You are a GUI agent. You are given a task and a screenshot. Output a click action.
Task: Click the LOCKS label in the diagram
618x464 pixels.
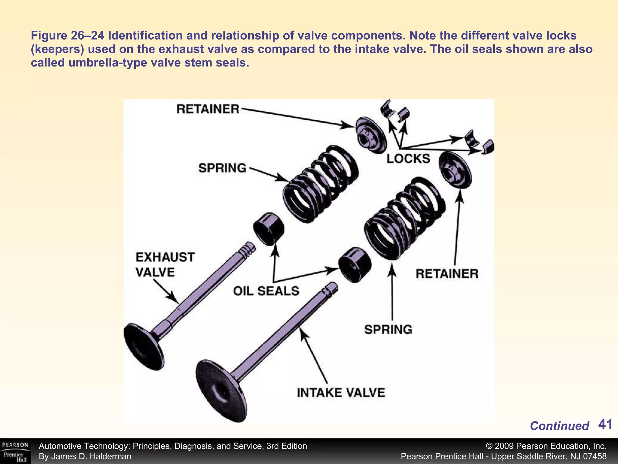click(x=408, y=159)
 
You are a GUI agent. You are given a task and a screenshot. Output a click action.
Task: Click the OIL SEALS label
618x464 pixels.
click(x=266, y=291)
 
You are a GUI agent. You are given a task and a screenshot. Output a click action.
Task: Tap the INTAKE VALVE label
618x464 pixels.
click(x=341, y=393)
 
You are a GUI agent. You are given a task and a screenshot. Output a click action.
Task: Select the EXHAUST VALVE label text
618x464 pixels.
click(x=165, y=265)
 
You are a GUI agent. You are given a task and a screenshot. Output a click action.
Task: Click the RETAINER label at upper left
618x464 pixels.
click(x=208, y=109)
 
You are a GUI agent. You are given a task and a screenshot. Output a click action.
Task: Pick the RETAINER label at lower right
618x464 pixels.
click(x=447, y=274)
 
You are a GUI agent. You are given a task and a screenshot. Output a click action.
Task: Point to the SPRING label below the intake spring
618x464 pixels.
click(x=388, y=329)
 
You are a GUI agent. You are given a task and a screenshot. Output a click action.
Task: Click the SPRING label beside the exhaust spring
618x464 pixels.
click(x=222, y=168)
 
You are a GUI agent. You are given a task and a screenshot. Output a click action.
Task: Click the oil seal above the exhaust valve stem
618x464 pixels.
click(x=268, y=229)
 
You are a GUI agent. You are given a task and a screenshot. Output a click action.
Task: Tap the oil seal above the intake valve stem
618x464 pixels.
click(x=355, y=265)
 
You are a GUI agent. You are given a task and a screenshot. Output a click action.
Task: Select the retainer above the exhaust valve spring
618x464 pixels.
click(x=370, y=135)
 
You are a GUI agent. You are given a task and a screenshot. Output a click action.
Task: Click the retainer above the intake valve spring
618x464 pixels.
click(x=455, y=170)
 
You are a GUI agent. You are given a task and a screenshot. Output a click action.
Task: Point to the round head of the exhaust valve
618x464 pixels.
click(x=144, y=346)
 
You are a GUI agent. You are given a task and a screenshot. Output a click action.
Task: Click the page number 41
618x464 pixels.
click(x=605, y=424)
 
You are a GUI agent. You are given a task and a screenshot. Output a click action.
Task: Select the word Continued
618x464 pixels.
click(x=559, y=426)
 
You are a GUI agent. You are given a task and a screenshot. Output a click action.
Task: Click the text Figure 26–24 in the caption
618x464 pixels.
click(x=68, y=36)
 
